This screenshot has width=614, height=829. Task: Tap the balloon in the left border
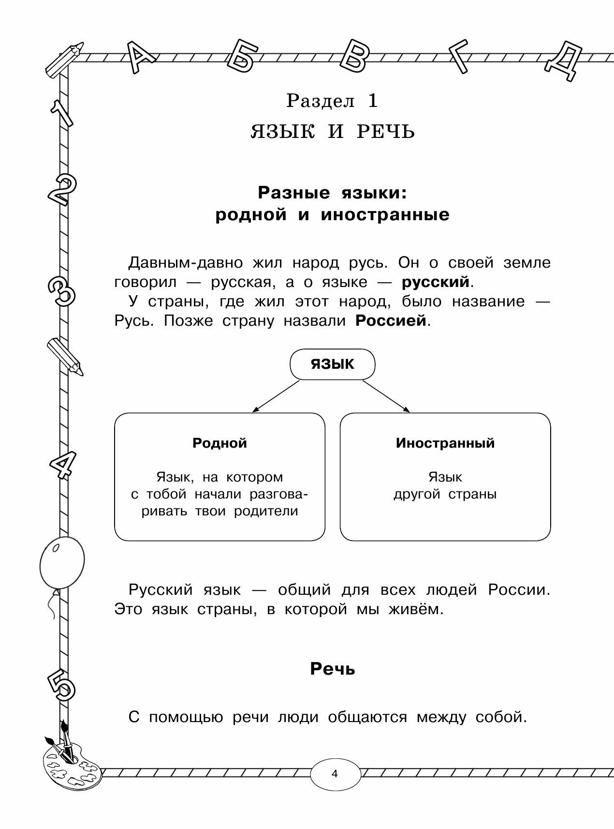coord(62,563)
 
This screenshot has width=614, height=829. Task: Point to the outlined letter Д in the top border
coord(564,60)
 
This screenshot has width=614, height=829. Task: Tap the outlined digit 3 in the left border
coord(61,291)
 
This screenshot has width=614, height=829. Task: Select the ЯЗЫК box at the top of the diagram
coord(332,364)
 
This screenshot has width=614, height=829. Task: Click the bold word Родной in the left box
coord(219,443)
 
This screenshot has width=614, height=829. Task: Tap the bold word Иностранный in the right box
coord(445,443)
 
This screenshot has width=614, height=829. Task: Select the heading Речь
coord(333,669)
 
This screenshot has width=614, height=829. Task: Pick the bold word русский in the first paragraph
coord(436,282)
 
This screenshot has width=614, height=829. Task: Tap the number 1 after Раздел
coord(372,101)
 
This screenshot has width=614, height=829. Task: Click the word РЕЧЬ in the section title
coord(385,132)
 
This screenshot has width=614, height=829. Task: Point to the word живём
coord(415,609)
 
